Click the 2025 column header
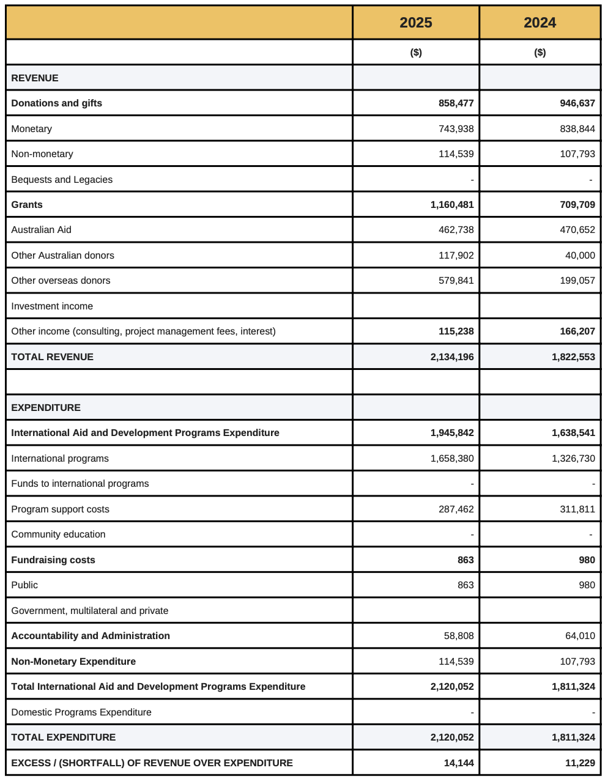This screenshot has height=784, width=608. point(416,23)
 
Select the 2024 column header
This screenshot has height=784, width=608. point(540,23)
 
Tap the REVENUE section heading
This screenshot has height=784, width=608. point(35,78)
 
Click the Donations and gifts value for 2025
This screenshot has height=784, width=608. point(456,103)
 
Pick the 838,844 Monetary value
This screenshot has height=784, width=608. point(577,129)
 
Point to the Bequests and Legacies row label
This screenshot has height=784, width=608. point(62,180)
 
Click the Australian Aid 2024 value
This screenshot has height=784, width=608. point(577,230)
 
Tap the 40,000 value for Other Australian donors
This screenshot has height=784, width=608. point(580,256)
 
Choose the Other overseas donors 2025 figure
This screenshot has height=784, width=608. point(456,281)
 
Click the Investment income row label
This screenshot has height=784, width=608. point(52,306)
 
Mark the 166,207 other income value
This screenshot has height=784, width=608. point(577,331)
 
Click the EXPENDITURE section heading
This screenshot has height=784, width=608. point(46,408)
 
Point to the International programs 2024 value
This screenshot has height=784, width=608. point(573,459)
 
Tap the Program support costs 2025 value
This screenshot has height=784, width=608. point(456,509)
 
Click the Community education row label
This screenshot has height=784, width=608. point(58,534)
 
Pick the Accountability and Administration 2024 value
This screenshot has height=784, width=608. point(580,636)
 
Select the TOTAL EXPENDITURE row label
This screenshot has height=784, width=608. point(64,738)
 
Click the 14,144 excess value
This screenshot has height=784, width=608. point(459,763)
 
